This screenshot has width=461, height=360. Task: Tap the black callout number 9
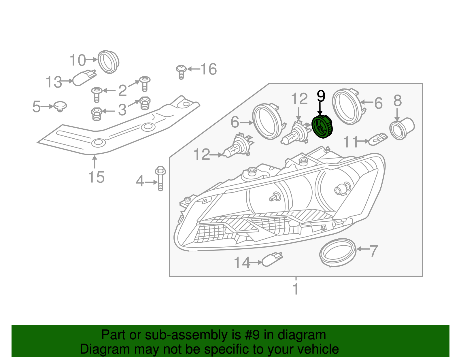click(x=321, y=97)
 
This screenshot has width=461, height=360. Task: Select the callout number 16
click(x=208, y=69)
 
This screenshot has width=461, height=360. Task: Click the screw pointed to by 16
click(x=181, y=71)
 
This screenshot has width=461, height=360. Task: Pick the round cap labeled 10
click(x=109, y=62)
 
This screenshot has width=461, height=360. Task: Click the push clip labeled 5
click(x=60, y=106)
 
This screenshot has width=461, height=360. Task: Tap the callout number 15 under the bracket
click(x=96, y=177)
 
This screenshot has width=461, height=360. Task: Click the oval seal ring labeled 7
click(x=338, y=252)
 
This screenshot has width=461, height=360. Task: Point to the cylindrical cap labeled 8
click(x=401, y=129)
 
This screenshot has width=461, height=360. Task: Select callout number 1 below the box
click(x=295, y=289)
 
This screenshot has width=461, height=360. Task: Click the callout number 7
click(x=373, y=251)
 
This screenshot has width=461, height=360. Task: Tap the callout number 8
click(x=398, y=101)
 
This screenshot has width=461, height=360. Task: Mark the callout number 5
click(x=36, y=107)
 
